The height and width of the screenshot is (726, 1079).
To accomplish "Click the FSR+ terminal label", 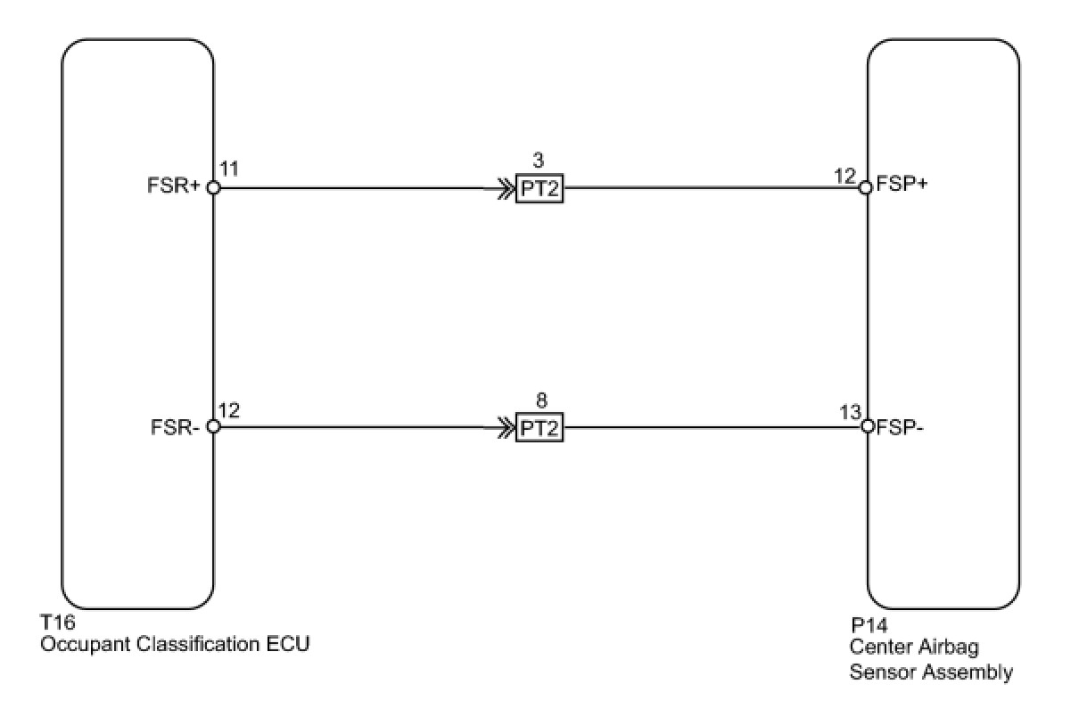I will (x=174, y=188).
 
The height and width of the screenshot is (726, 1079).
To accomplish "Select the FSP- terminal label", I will (x=900, y=426).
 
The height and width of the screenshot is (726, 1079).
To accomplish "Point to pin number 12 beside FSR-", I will (x=229, y=410).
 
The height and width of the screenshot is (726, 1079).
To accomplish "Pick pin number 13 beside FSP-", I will (x=849, y=413).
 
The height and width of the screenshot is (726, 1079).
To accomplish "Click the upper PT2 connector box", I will (x=539, y=189).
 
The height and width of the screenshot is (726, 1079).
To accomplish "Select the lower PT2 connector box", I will (x=539, y=428).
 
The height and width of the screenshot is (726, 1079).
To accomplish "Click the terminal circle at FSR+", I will (x=213, y=187).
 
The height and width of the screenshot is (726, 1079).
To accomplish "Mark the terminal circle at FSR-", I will (x=213, y=426).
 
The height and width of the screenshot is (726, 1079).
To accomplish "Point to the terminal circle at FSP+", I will (x=865, y=187).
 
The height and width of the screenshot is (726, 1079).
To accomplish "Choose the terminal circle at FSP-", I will (x=867, y=426).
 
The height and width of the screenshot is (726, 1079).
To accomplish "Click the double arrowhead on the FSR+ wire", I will (x=494, y=188).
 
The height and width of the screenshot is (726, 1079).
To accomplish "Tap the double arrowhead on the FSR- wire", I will (x=494, y=427).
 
